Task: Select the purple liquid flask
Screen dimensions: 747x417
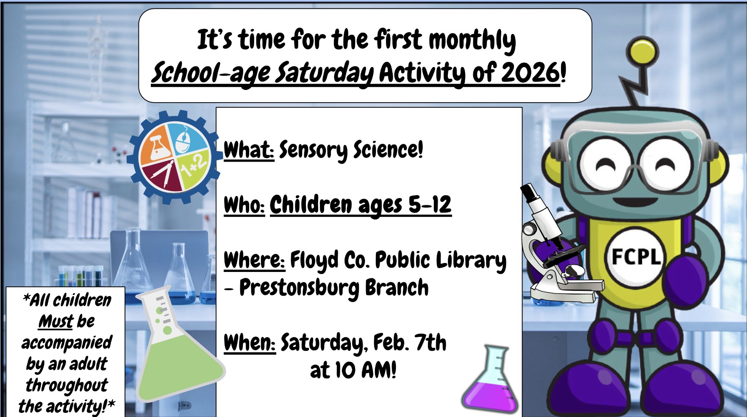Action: (x=490, y=379)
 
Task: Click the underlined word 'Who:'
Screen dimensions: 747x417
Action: (x=244, y=205)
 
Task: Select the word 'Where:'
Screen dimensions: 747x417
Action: (x=254, y=260)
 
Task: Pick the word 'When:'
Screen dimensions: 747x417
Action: (x=250, y=343)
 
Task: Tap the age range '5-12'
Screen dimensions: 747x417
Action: (x=430, y=205)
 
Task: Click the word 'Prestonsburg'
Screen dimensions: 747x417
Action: (x=299, y=288)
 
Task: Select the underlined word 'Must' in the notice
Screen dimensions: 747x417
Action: (x=56, y=322)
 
